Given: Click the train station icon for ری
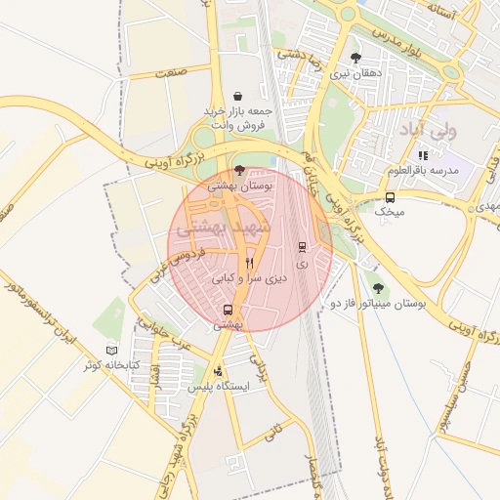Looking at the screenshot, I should (x=302, y=246).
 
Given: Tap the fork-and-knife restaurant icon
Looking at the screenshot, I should (x=249, y=263).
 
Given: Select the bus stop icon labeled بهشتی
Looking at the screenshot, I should (x=228, y=311).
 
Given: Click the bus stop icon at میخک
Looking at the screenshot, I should (x=391, y=196).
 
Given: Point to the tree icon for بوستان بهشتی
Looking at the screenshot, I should (x=240, y=169).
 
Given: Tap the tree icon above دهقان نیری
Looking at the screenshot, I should (x=354, y=58).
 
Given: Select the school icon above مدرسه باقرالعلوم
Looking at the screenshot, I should (x=422, y=155).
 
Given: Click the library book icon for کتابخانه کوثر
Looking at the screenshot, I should (x=111, y=350).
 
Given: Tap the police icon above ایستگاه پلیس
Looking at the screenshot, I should (x=218, y=371).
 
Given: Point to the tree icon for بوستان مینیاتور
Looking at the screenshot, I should (x=378, y=288).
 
